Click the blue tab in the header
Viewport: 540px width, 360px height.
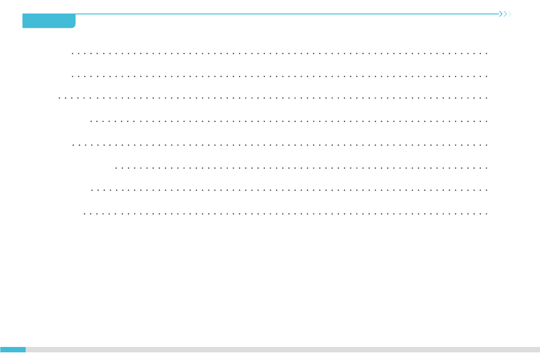coord(49,21)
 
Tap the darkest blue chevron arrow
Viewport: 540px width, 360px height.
coord(501,14)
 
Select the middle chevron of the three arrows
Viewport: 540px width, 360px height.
coord(505,14)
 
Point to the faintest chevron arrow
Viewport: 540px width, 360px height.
coord(510,14)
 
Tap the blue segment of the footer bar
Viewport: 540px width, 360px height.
coord(13,349)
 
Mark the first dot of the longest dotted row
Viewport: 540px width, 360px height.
coord(60,97)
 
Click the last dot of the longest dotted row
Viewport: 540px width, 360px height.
coord(487,97)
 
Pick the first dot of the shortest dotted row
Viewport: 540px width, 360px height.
coord(116,168)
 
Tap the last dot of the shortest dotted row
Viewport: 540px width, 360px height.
coord(487,168)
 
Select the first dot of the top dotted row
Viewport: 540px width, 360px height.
coord(73,53)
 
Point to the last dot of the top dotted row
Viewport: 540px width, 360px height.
coord(487,53)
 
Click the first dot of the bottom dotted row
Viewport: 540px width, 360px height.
coord(85,214)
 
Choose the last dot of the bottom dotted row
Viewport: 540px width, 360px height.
coord(487,214)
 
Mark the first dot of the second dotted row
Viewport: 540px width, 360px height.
coord(73,76)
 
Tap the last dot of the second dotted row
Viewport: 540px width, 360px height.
coord(487,76)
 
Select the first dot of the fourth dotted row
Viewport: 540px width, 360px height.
coord(91,121)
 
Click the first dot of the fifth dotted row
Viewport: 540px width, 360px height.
coord(73,145)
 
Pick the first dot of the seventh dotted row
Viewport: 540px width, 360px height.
coord(92,190)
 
